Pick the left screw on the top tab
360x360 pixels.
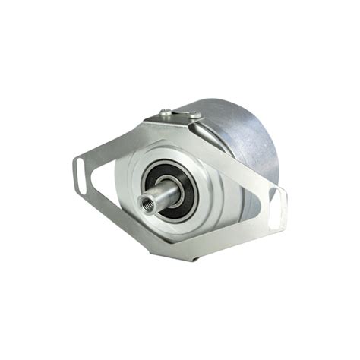166,113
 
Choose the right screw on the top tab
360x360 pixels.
195,115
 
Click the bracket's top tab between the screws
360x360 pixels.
181,118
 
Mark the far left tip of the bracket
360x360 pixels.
75,169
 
